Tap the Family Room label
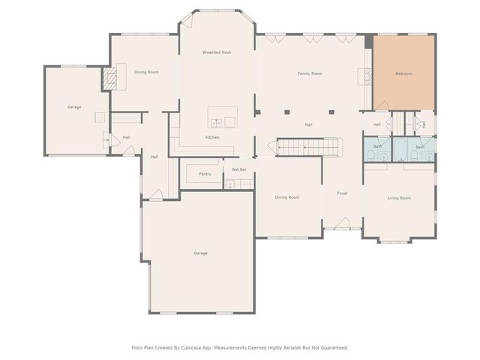pos(310,73)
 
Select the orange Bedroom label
pos(403,73)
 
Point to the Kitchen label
pos(212,137)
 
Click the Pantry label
pos(205,174)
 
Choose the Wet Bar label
pos(238,170)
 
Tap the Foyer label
pos(342,193)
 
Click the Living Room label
pos(399,198)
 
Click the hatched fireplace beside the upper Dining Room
pos(110,77)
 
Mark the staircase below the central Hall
pos(307,147)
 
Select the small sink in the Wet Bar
pos(229,183)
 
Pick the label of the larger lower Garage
pos(200,253)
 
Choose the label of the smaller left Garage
pos(74,107)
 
